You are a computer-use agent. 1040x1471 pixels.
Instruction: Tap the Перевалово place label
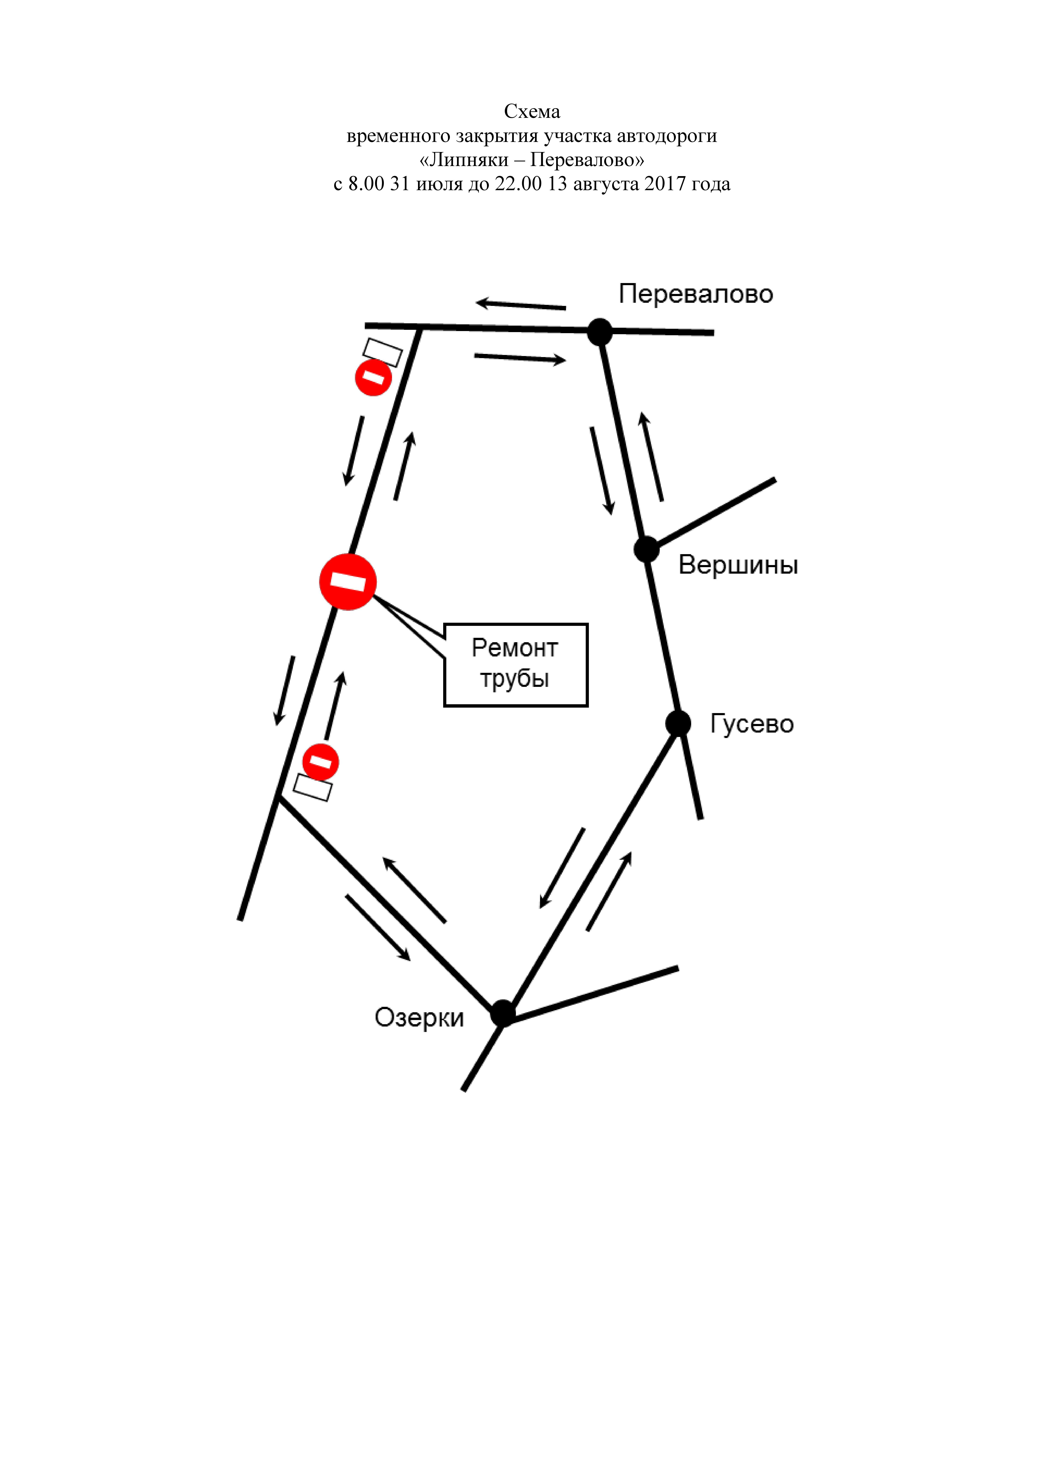coord(696,294)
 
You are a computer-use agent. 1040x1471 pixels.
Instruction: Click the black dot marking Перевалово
coord(600,332)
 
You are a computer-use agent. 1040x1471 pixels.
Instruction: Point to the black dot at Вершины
coord(647,549)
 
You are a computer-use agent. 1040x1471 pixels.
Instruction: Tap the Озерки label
coord(419,1017)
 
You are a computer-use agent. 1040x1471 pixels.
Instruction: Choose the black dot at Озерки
coord(503,1013)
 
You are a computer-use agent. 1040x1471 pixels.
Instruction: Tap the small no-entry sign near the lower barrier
coord(320,762)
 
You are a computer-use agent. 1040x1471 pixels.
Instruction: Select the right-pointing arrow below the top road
coord(520,358)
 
